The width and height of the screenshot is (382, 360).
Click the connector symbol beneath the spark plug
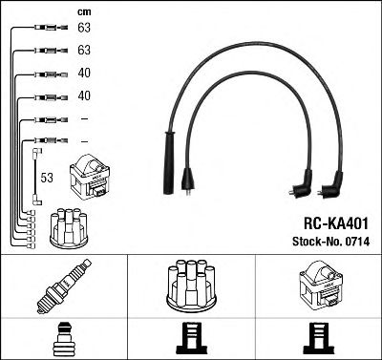click(63, 339)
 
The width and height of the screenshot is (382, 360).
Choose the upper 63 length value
click(83, 30)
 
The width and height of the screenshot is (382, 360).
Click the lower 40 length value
click(83, 95)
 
